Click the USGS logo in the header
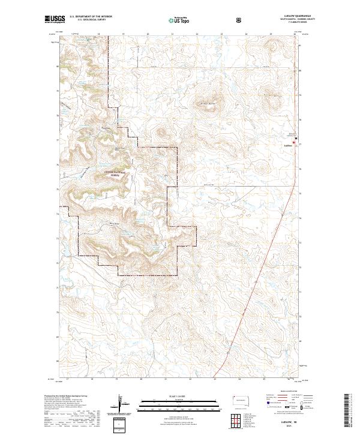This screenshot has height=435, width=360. click(x=53, y=20)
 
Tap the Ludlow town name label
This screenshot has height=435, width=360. click(x=287, y=145)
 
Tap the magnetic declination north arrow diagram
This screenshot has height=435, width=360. click(x=119, y=403)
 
